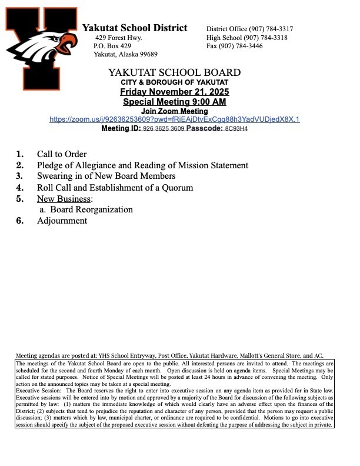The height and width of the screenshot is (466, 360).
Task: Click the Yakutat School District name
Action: (135, 28)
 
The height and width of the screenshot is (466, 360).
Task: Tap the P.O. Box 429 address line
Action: (112, 46)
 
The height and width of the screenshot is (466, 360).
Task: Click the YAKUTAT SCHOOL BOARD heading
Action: (175, 72)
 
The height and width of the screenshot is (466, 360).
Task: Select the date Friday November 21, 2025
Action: (175, 92)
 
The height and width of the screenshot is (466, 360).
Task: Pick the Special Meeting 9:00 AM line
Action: (175, 102)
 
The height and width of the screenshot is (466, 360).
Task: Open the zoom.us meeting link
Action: (175, 119)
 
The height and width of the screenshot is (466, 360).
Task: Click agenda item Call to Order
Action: (62, 154)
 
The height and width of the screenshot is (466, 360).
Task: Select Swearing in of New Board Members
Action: (106, 176)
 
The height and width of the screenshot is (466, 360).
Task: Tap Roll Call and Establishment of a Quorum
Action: (115, 188)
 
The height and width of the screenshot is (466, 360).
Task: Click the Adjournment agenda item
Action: (62, 221)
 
